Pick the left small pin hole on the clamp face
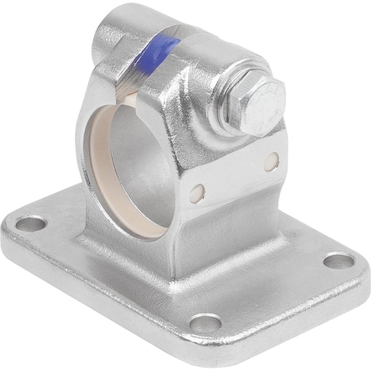[x=196, y=192]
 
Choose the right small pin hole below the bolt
[x=270, y=162]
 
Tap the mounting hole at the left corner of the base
[x=31, y=223]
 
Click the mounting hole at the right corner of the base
[x=338, y=261]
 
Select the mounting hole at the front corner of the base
[x=207, y=322]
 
